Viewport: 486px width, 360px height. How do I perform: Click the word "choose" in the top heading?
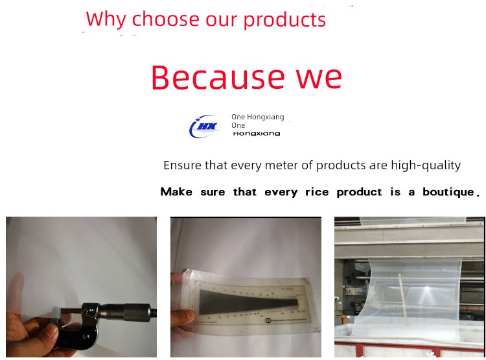pos(167,19)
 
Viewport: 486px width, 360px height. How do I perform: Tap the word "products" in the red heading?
pos(284,20)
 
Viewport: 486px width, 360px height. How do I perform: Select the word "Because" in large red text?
pos(218,77)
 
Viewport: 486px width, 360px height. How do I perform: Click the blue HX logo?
pos(204,126)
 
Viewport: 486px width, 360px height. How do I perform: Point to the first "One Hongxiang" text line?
pos(257,117)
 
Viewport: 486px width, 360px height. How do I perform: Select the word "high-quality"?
pos(426,165)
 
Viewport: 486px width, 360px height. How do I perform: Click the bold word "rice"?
pos(317,192)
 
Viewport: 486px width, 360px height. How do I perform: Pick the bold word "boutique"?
pos(448,192)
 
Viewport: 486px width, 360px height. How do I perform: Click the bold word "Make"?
pos(176,192)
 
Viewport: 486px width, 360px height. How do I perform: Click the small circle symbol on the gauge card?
pos(268,320)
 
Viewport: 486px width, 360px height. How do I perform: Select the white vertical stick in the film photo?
pos(402,299)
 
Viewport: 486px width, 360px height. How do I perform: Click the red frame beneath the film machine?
pos(409,349)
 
